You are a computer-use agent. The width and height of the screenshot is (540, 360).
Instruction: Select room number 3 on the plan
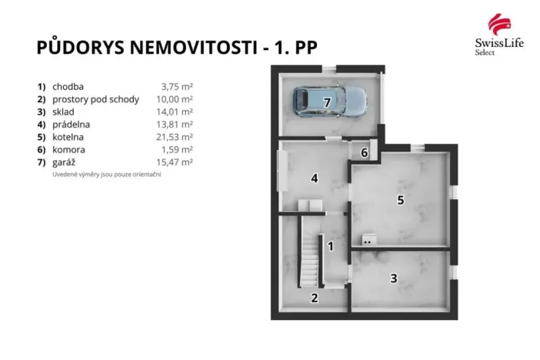click(393, 278)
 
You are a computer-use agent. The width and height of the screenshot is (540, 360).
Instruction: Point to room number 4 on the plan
click(314, 179)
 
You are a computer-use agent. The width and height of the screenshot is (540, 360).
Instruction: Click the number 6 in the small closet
click(365, 152)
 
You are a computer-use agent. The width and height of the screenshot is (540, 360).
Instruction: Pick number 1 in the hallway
click(330, 247)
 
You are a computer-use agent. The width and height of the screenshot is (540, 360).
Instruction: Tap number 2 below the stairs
click(314, 298)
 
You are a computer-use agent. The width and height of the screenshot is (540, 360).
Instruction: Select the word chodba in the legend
click(68, 87)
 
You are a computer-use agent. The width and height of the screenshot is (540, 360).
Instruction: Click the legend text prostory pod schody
click(95, 99)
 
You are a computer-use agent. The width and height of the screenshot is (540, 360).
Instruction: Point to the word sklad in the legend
click(65, 112)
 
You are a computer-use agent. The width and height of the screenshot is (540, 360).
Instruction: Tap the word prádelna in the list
click(72, 125)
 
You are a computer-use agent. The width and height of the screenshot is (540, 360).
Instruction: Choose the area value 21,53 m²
click(176, 137)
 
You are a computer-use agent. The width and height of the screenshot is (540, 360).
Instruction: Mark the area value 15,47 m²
click(176, 162)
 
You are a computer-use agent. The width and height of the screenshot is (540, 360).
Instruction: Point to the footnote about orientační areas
click(106, 175)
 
